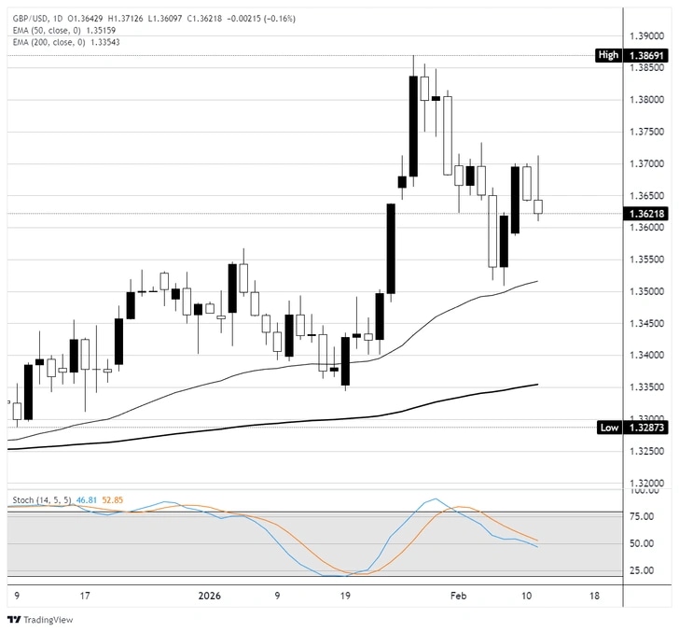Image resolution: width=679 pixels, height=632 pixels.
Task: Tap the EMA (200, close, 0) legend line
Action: click(x=63, y=42)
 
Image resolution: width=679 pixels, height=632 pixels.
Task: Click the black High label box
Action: click(x=608, y=56)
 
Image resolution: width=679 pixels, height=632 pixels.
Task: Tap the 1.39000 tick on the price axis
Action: click(x=647, y=35)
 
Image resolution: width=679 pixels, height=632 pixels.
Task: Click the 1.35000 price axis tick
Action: click(x=647, y=291)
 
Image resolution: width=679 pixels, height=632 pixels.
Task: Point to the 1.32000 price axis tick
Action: click(x=647, y=483)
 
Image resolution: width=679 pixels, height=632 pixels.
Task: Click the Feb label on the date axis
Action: click(x=458, y=594)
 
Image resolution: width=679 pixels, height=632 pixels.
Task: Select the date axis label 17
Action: click(x=85, y=594)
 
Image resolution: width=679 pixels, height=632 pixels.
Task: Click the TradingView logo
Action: click(x=33, y=620)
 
